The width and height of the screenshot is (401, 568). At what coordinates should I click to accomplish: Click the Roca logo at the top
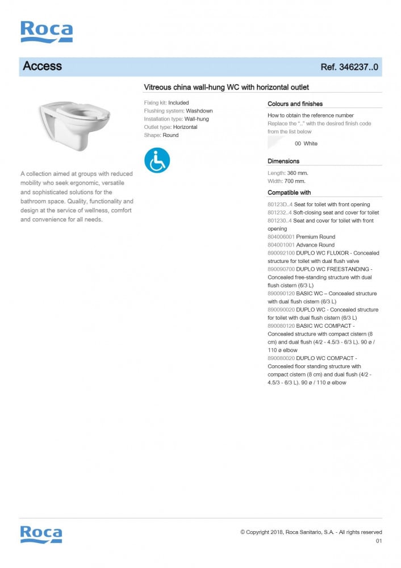pos(47,32)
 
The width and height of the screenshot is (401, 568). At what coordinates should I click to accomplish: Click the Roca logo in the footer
pos(41,534)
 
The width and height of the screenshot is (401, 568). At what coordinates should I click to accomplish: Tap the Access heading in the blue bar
pos(43,66)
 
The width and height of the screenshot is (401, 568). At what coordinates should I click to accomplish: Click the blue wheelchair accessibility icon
pos(157,160)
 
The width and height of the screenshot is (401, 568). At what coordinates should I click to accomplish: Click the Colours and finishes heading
pos(295,104)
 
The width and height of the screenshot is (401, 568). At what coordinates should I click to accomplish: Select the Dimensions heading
pos(283,161)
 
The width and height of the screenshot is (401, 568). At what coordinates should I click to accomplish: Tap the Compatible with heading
pos(289,193)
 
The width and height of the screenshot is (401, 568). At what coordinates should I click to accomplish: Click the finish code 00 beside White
pos(298,144)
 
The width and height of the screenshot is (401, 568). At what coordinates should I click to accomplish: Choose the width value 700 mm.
pos(295,181)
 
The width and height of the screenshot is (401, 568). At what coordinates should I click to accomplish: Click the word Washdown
pos(199,111)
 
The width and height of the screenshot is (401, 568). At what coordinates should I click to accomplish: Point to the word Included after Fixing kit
pos(178,103)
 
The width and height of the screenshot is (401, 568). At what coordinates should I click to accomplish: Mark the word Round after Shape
pos(170,135)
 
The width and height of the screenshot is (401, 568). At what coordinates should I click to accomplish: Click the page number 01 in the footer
pos(379,541)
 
